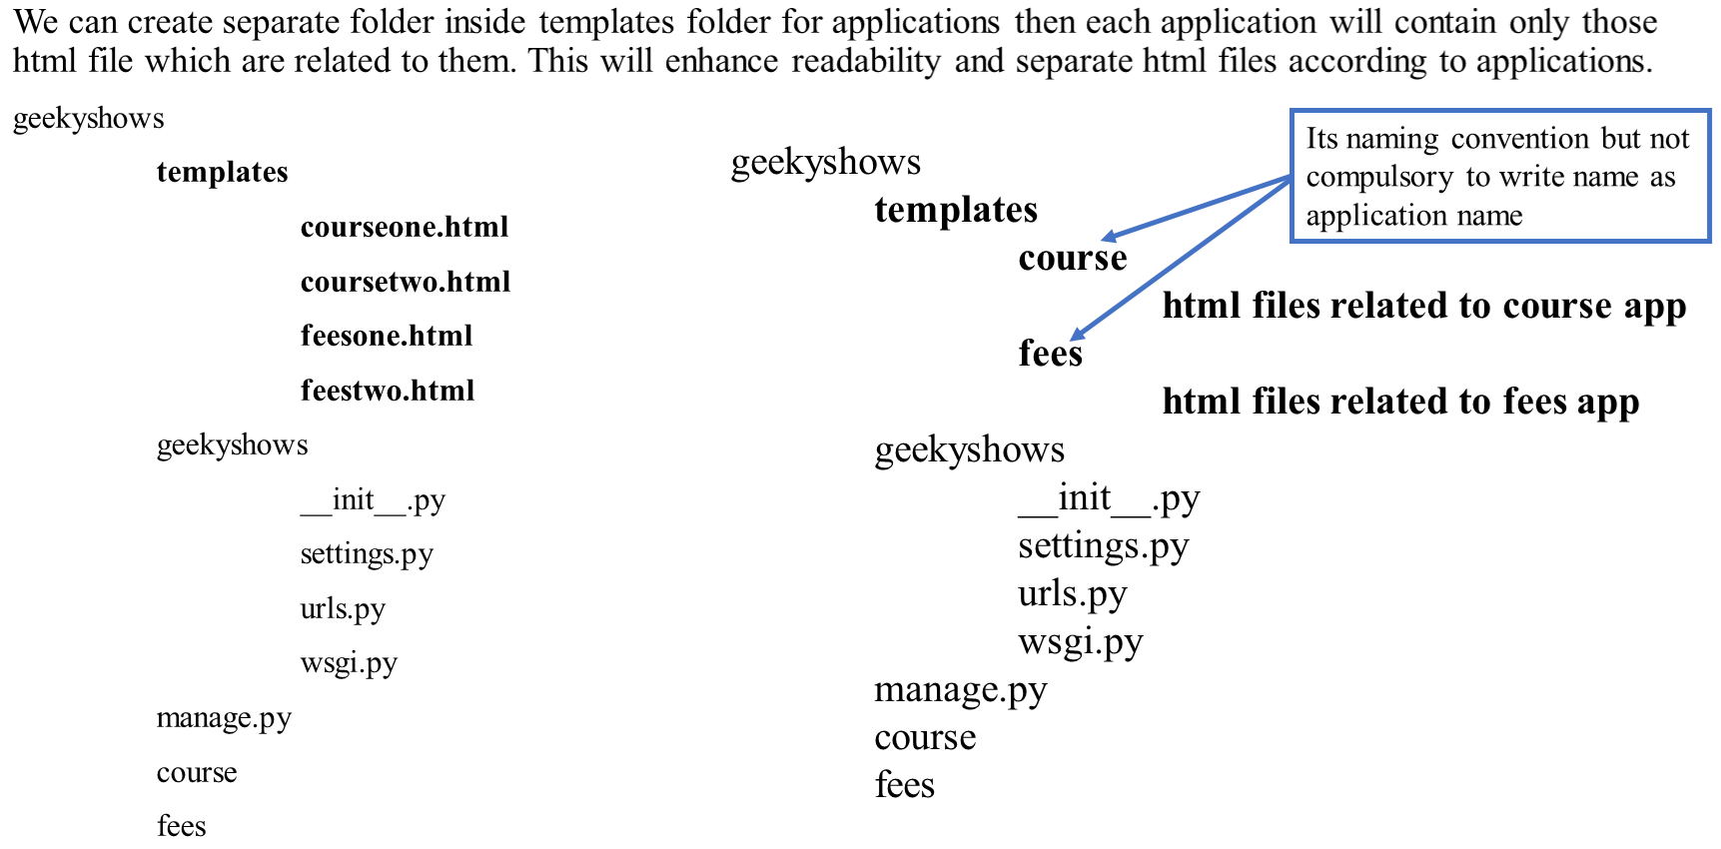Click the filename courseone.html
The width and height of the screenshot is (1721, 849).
point(405,228)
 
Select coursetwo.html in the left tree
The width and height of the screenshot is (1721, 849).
point(406,282)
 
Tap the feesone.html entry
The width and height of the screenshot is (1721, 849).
point(387,336)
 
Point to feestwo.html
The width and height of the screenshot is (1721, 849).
point(388,391)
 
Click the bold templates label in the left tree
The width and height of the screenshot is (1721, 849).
point(222,173)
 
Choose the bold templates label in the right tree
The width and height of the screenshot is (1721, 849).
point(956,210)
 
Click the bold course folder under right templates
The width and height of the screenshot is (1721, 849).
point(1072,259)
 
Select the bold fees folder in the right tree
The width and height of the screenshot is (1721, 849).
point(1050,354)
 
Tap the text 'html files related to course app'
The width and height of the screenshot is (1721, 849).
point(1423,306)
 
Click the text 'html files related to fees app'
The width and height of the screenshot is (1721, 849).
point(1400,402)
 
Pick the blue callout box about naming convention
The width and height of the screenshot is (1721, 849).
point(1499,176)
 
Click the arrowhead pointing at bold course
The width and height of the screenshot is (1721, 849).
point(1109,237)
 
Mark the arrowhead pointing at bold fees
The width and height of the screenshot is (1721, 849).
point(1077,335)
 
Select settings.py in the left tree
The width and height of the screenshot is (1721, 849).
point(367,554)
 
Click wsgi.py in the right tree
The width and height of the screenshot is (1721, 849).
point(1080,642)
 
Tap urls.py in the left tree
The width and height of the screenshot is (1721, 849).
point(343,609)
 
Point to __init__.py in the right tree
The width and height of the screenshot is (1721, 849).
point(1109,498)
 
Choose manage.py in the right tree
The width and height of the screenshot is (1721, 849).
point(960,690)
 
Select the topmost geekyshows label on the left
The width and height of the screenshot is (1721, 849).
point(88,119)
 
